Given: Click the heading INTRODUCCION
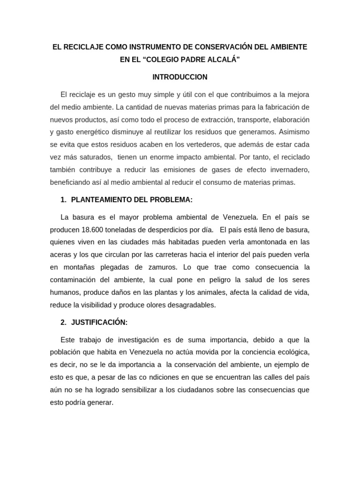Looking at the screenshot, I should [180, 77].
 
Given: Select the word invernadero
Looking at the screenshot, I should [288, 170].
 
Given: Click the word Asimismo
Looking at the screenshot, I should [295, 132].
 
